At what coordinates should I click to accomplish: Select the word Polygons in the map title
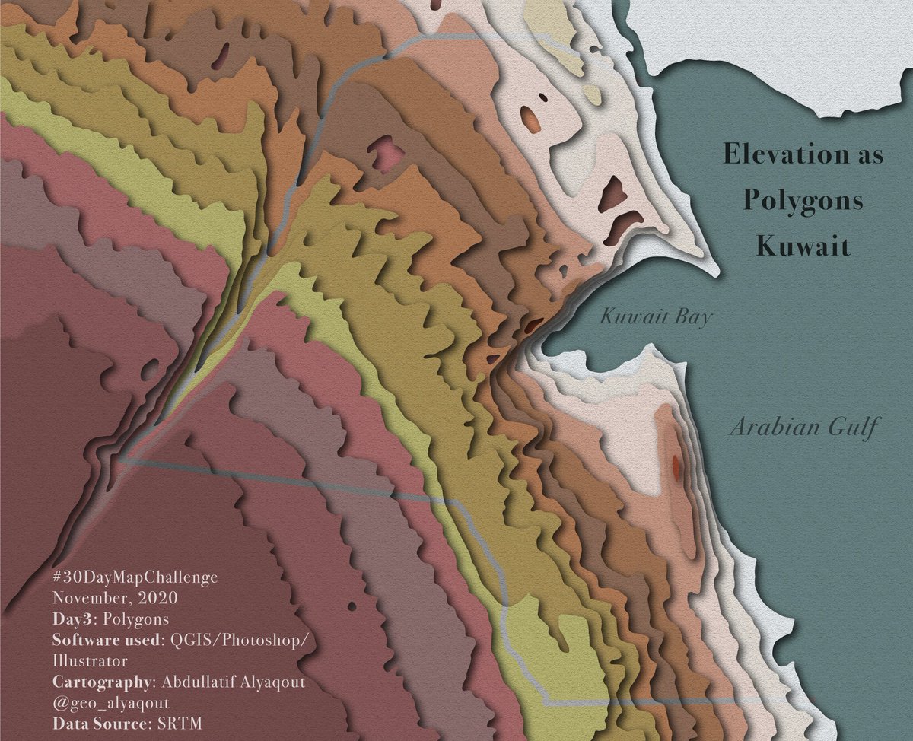(x=803, y=201)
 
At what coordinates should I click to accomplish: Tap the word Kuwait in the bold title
(x=802, y=247)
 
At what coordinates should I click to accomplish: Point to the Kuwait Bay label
(x=655, y=316)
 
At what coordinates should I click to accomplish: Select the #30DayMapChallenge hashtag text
(x=135, y=577)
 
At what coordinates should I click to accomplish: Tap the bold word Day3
(x=73, y=619)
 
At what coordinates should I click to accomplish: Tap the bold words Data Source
(x=98, y=724)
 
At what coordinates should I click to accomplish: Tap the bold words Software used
(x=107, y=640)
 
